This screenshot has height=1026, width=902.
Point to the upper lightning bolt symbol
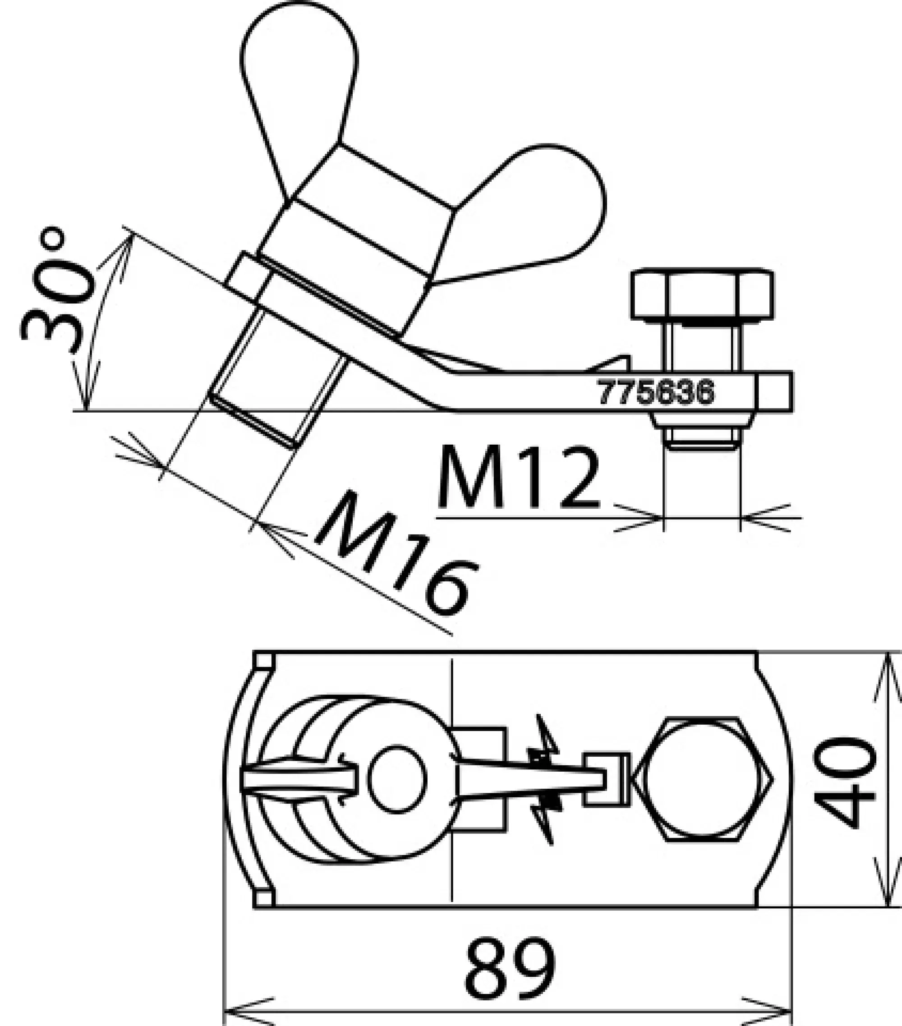[545, 743]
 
